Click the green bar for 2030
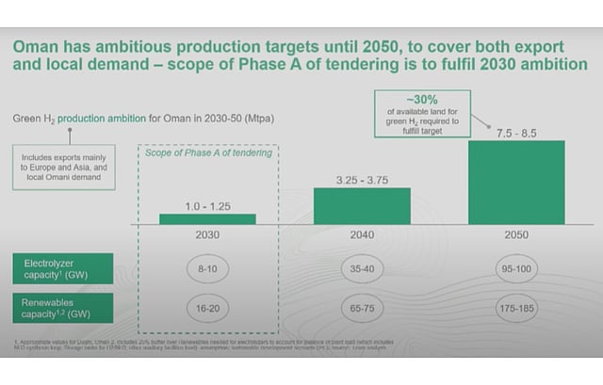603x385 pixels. click(x=207, y=219)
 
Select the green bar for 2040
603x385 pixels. click(x=362, y=205)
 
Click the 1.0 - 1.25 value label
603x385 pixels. click(x=207, y=204)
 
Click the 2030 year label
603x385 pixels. click(x=207, y=236)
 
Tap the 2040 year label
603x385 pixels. click(x=362, y=236)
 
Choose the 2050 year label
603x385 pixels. click(x=516, y=236)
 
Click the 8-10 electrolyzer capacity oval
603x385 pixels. click(x=207, y=268)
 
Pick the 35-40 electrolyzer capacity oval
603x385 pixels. click(x=362, y=268)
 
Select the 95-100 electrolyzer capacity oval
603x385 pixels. click(x=516, y=268)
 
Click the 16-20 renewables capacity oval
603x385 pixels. click(x=207, y=308)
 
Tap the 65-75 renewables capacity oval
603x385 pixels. click(x=362, y=308)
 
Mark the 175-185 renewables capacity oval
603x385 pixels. click(x=516, y=308)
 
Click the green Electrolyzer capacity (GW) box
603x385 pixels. click(x=63, y=268)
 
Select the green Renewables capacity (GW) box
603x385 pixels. click(x=63, y=308)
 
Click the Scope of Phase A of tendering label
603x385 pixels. click(x=207, y=154)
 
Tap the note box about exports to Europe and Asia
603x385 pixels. click(x=64, y=167)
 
